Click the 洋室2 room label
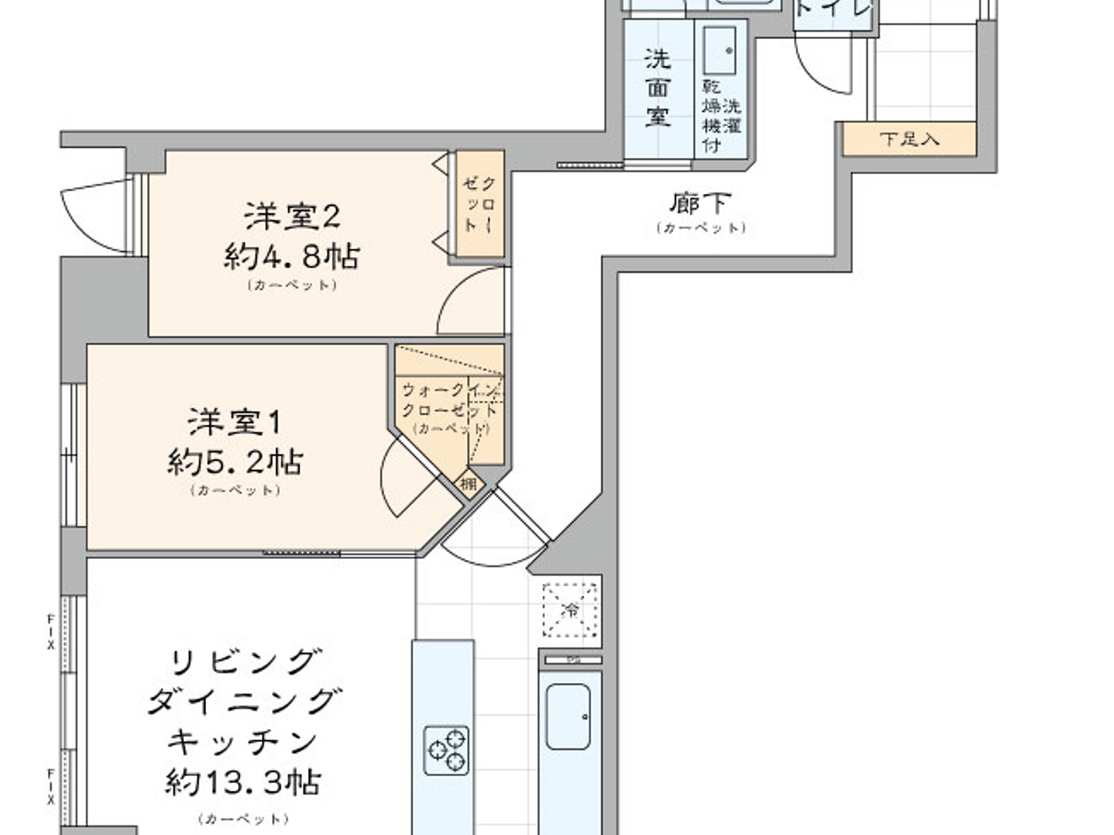292,216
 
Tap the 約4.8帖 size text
292,256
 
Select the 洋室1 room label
236,421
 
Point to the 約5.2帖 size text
236,461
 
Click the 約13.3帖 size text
243,783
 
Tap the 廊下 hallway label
700,204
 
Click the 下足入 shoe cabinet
910,139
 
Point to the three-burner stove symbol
446,750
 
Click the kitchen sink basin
567,716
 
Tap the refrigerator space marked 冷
571,611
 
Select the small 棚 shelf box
469,483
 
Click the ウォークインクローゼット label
450,400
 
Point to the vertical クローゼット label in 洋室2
479,204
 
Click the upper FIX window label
51,632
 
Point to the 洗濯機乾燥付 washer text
721,115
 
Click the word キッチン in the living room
243,741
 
